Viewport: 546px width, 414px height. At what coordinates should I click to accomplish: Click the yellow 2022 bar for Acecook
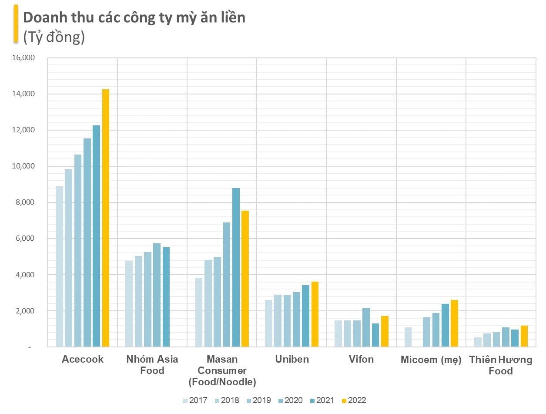coord(106,218)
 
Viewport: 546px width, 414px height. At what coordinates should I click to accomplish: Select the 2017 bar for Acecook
coord(59,266)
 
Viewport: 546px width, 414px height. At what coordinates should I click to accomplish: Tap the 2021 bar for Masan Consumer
coord(236,267)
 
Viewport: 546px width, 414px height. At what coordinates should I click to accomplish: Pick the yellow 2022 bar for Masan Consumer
coord(245,279)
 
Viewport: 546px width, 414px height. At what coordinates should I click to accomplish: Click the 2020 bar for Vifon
coord(366,327)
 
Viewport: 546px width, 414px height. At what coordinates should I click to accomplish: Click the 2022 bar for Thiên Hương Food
coord(524,336)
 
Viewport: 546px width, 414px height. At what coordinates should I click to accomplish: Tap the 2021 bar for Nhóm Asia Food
coord(166,297)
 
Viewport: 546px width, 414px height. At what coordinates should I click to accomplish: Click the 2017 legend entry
coord(194,401)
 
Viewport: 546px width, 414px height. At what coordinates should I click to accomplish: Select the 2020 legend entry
coord(290,401)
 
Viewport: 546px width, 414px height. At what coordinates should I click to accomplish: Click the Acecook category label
coord(83,360)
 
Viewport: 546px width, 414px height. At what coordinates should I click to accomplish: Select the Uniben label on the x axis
coord(292,360)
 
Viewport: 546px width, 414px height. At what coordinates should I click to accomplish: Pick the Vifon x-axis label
coord(361,360)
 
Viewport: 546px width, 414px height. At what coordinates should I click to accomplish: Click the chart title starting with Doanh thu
coord(134,17)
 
